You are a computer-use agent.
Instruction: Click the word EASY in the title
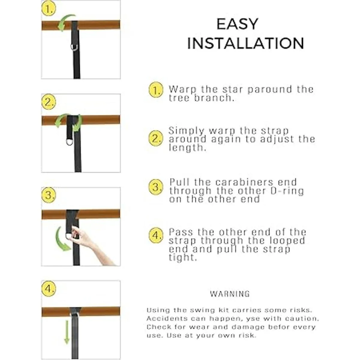coord(237,24)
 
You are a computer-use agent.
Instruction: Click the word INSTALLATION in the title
coord(245,43)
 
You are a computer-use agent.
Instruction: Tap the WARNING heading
coord(230,294)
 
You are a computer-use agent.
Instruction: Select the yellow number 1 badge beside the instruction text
coord(156,90)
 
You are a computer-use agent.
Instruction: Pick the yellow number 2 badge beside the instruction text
coord(156,138)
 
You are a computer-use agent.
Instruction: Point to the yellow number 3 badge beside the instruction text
coord(156,187)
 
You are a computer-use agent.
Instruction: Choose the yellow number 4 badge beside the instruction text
coord(156,235)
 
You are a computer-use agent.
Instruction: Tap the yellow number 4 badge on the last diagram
coord(48,289)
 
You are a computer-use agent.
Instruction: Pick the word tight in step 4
coord(183,258)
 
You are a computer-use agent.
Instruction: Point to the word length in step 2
coord(187,148)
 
